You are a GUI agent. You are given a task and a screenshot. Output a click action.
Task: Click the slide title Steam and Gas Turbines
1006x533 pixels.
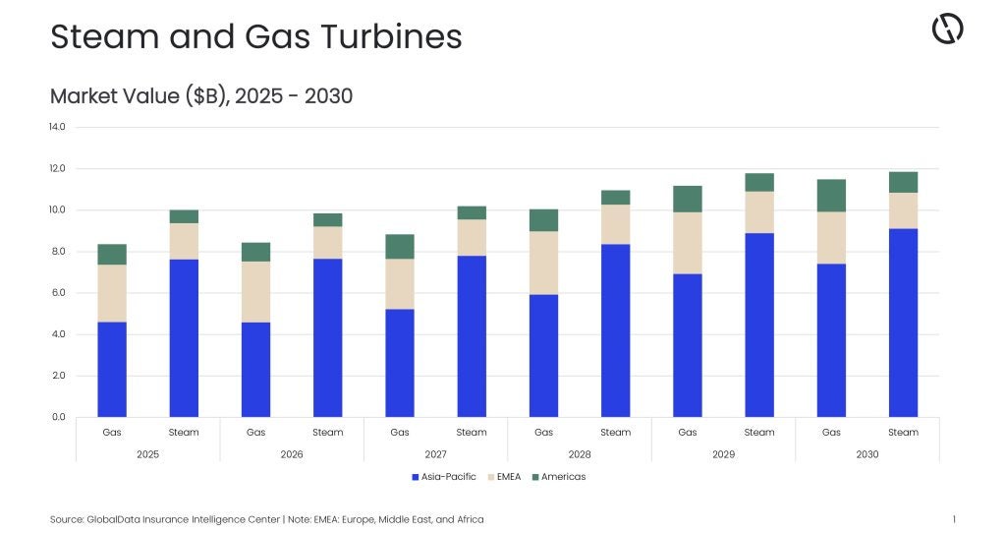click(255, 37)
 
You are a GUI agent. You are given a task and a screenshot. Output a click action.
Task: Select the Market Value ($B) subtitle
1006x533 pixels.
click(200, 96)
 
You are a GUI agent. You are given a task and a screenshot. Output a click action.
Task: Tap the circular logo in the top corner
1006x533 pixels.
click(947, 30)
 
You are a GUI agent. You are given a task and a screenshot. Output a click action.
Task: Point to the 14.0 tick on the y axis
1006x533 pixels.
click(56, 127)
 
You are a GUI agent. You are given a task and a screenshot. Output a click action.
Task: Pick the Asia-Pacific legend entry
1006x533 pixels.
click(443, 477)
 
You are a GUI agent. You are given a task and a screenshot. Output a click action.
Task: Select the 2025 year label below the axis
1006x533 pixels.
click(148, 454)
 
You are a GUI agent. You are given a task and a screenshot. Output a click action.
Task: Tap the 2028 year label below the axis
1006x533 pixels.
click(580, 454)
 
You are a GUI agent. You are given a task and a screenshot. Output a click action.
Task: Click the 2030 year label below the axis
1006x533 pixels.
click(866, 454)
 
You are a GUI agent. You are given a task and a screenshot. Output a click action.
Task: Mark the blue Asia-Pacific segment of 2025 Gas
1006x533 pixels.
click(112, 369)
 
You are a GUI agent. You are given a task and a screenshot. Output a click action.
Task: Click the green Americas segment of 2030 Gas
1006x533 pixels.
click(831, 196)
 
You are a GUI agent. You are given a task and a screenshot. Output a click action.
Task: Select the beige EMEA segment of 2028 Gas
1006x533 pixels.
click(543, 263)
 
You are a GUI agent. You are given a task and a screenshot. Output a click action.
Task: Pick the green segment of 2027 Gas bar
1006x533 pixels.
click(400, 247)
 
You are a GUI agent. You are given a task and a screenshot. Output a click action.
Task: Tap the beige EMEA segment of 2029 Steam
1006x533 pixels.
click(759, 212)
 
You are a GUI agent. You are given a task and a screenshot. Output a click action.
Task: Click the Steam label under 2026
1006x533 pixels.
click(328, 433)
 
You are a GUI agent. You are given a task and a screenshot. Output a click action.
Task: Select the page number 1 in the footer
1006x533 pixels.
click(954, 519)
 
